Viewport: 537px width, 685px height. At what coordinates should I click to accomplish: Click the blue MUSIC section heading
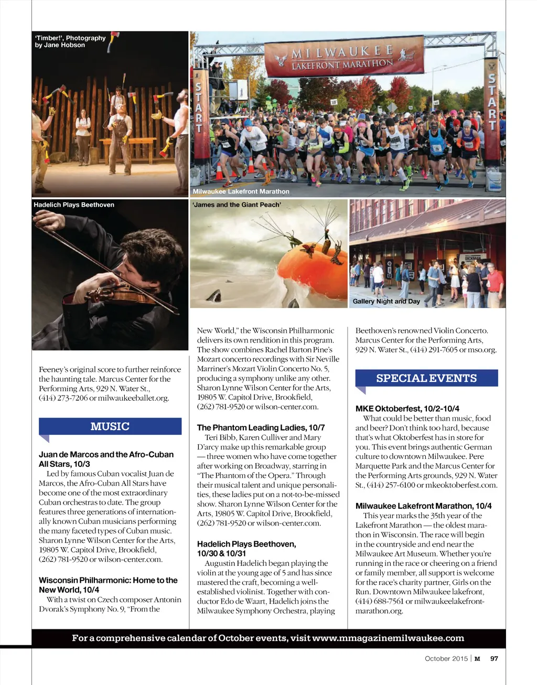[x=110, y=426]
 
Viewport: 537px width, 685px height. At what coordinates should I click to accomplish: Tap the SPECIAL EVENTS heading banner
[x=426, y=378]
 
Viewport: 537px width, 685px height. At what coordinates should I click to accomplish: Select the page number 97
[x=494, y=659]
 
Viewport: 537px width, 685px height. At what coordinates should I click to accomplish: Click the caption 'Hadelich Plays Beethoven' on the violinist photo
[x=74, y=205]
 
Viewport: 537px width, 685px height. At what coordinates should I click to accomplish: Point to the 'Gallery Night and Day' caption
[x=386, y=302]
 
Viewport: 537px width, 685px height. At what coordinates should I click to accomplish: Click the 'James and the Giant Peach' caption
[x=237, y=205]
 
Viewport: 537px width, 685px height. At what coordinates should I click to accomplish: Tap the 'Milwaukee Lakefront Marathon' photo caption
[x=241, y=191]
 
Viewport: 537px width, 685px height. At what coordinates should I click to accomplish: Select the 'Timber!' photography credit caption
[x=70, y=41]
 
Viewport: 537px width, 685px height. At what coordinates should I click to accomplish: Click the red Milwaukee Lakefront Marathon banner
[x=343, y=57]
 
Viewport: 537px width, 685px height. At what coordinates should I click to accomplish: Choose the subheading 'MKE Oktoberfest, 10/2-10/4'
[x=400, y=409]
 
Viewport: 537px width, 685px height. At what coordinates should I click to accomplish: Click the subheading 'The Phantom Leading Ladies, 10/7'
[x=261, y=427]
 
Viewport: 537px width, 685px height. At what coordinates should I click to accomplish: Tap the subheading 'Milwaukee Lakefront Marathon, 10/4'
[x=423, y=506]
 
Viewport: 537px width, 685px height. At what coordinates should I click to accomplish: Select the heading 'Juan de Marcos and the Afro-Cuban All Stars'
[x=106, y=459]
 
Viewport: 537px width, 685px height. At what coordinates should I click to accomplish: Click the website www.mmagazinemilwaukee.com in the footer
[x=388, y=638]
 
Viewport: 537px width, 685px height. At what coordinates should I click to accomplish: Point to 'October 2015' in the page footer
[x=446, y=659]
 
